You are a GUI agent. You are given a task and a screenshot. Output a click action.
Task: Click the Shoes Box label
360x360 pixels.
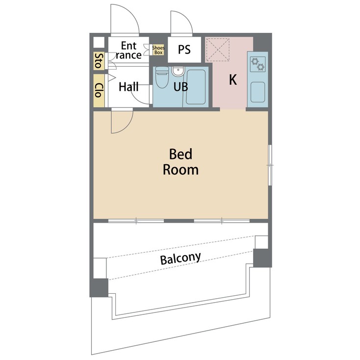(158, 50)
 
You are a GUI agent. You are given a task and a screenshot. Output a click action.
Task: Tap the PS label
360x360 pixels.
(184, 50)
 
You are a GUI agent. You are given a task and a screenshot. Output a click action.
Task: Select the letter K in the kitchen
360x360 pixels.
(232, 80)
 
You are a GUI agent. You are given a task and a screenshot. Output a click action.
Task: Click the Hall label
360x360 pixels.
(129, 87)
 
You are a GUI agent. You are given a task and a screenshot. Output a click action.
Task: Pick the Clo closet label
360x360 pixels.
(99, 90)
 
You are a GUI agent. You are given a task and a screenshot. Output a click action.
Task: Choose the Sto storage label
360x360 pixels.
(98, 61)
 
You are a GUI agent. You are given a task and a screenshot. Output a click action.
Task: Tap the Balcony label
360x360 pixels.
(180, 258)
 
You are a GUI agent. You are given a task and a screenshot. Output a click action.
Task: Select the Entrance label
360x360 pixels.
(129, 50)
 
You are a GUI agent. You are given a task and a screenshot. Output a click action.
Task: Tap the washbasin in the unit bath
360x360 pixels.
(178, 72)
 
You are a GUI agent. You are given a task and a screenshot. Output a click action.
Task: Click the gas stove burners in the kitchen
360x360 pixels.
(257, 64)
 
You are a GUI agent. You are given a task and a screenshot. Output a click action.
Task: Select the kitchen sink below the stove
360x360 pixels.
(257, 92)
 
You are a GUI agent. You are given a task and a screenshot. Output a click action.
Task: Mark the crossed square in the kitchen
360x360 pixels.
(217, 50)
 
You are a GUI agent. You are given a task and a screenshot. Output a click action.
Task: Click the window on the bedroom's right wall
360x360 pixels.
(269, 165)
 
